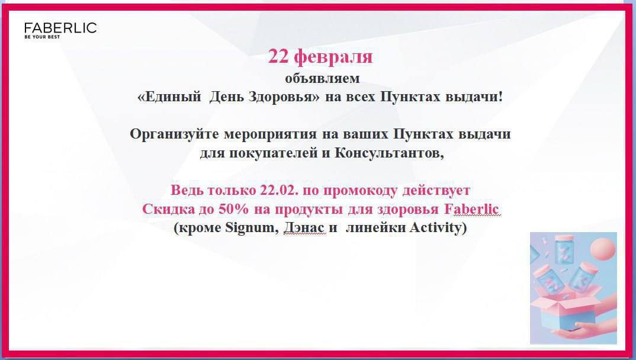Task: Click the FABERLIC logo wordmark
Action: (60, 28)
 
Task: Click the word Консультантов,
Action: (389, 153)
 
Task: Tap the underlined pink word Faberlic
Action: (471, 209)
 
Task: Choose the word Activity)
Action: (438, 228)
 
